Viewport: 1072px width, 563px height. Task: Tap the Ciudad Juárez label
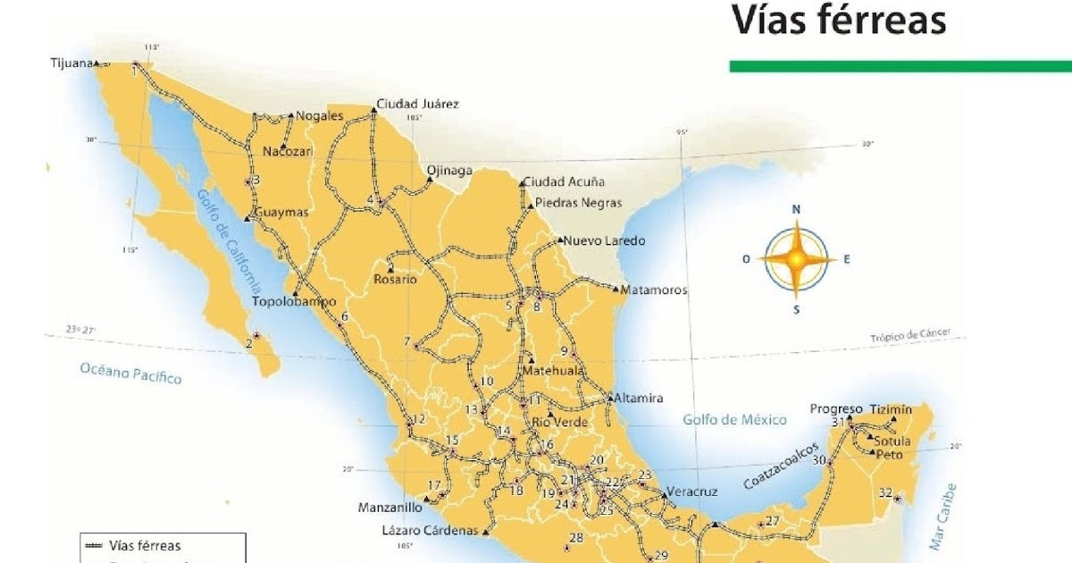417,104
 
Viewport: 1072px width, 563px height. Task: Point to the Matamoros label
656,290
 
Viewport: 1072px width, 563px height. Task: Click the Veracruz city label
692,492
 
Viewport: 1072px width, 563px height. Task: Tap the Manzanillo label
389,507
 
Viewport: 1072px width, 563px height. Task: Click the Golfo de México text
735,419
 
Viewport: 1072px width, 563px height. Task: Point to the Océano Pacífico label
130,373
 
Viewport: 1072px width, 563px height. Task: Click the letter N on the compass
796,210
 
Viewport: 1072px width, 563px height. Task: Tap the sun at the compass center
795,259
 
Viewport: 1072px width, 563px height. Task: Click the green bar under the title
900,66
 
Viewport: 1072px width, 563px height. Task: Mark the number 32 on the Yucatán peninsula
885,492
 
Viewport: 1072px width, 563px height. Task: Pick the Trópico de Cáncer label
910,336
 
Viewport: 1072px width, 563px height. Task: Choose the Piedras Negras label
578,203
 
